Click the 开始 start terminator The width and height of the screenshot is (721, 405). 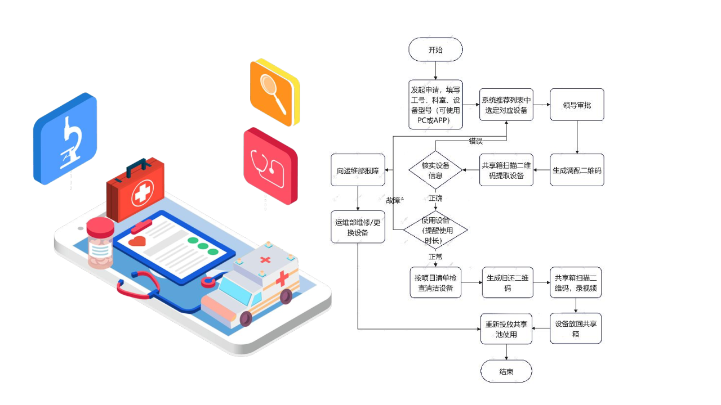(435, 49)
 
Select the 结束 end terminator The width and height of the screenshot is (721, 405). (506, 372)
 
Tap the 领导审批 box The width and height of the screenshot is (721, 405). (577, 105)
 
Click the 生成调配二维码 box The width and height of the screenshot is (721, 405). (577, 170)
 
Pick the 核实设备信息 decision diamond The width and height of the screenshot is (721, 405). (435, 170)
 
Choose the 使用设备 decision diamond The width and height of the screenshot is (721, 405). (435, 229)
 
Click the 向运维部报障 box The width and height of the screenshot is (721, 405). (358, 170)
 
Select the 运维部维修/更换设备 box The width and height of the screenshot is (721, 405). (358, 227)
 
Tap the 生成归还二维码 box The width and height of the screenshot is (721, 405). (508, 282)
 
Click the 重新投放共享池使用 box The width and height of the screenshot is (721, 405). (506, 329)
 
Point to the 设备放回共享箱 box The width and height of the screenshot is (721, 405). (576, 329)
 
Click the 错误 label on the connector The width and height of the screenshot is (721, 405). (476, 141)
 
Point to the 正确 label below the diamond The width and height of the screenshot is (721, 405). (435, 199)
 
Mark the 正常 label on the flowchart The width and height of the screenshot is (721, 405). (435, 256)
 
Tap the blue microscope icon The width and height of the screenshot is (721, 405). (65, 138)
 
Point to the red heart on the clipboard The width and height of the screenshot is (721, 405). (137, 241)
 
